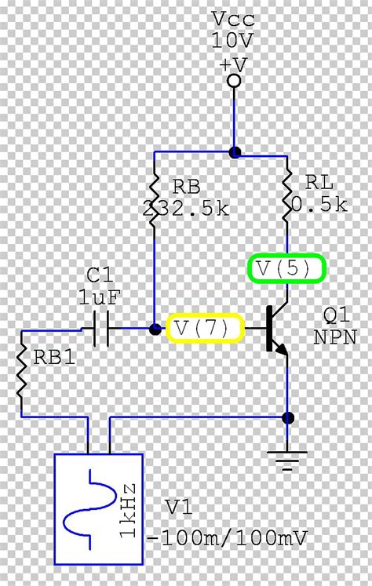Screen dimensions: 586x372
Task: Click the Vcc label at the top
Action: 233,18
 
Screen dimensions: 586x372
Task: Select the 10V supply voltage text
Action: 233,39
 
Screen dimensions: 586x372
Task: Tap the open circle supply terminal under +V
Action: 233,81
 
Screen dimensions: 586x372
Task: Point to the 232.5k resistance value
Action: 187,209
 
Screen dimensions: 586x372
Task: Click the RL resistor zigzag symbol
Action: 288,196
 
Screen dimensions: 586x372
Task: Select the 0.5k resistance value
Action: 318,204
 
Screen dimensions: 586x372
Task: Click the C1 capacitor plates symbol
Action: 100,329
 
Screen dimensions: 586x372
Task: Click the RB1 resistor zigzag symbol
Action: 20,373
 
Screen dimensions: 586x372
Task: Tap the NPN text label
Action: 335,337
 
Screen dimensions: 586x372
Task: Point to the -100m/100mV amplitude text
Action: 228,538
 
